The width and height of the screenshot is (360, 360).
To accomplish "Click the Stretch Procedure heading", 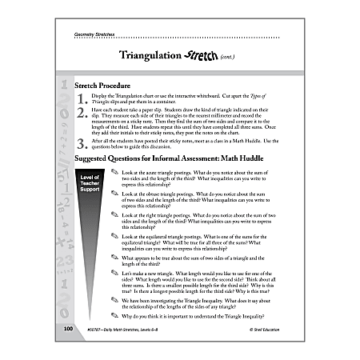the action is [x=104, y=85].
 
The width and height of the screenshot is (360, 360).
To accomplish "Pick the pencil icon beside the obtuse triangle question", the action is [x=114, y=194].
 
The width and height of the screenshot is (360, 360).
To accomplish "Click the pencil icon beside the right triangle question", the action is [x=114, y=216].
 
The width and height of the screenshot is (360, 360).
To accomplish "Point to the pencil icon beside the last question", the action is [x=114, y=314].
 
